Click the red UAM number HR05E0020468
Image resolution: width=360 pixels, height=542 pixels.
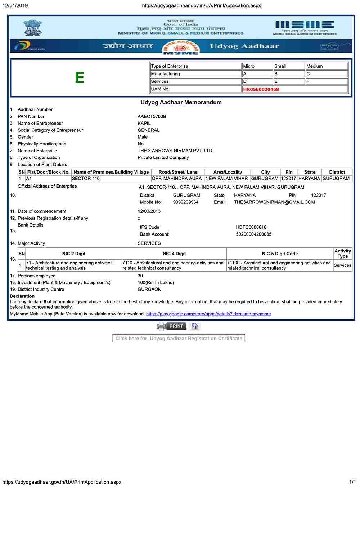click(x=261, y=89)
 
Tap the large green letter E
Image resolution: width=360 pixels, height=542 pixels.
click(x=80, y=78)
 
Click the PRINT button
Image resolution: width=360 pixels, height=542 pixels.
click(x=176, y=326)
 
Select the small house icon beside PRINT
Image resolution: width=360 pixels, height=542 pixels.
click(x=194, y=326)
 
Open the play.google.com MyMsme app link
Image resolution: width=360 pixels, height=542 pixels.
click(x=208, y=314)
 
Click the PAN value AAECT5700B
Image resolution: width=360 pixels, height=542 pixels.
click(x=152, y=116)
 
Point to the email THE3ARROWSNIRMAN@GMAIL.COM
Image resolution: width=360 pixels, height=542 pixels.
click(x=274, y=202)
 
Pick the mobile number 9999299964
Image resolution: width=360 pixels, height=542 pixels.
click(x=185, y=202)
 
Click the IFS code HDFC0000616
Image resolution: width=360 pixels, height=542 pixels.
click(x=251, y=227)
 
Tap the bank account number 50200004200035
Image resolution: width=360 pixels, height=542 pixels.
click(x=253, y=234)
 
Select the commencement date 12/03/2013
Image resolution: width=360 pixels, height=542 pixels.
click(x=149, y=211)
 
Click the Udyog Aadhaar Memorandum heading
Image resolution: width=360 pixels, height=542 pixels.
click(x=181, y=102)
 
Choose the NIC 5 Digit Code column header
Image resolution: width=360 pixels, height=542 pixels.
click(x=280, y=254)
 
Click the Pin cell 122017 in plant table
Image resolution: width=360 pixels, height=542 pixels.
click(x=288, y=178)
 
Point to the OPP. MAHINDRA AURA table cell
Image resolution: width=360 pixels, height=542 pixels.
click(x=177, y=178)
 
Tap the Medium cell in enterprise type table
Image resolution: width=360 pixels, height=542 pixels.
click(x=326, y=66)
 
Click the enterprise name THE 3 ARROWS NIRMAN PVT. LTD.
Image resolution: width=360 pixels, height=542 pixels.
click(x=175, y=151)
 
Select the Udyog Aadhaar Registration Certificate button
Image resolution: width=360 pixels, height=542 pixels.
click(x=179, y=338)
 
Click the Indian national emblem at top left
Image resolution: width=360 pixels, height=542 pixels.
click(x=32, y=28)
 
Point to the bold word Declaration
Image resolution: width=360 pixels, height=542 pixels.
click(x=22, y=296)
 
